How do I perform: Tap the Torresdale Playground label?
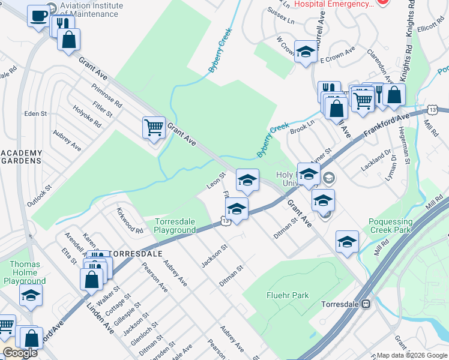pyautogui.click(x=175, y=226)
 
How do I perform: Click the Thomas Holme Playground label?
pyautogui.click(x=25, y=272)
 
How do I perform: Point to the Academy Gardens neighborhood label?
pyautogui.click(x=21, y=157)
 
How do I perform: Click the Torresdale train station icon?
pyautogui.click(x=364, y=304)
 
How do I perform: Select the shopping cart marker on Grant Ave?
pyautogui.click(x=154, y=128)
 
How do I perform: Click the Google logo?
pyautogui.click(x=20, y=353)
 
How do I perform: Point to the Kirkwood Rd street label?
pyautogui.click(x=130, y=221)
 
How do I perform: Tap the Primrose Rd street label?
pyautogui.click(x=107, y=95)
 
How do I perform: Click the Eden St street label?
pyautogui.click(x=35, y=113)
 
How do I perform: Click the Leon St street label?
pyautogui.click(x=215, y=180)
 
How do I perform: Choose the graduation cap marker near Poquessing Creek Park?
pyautogui.click(x=347, y=241)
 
